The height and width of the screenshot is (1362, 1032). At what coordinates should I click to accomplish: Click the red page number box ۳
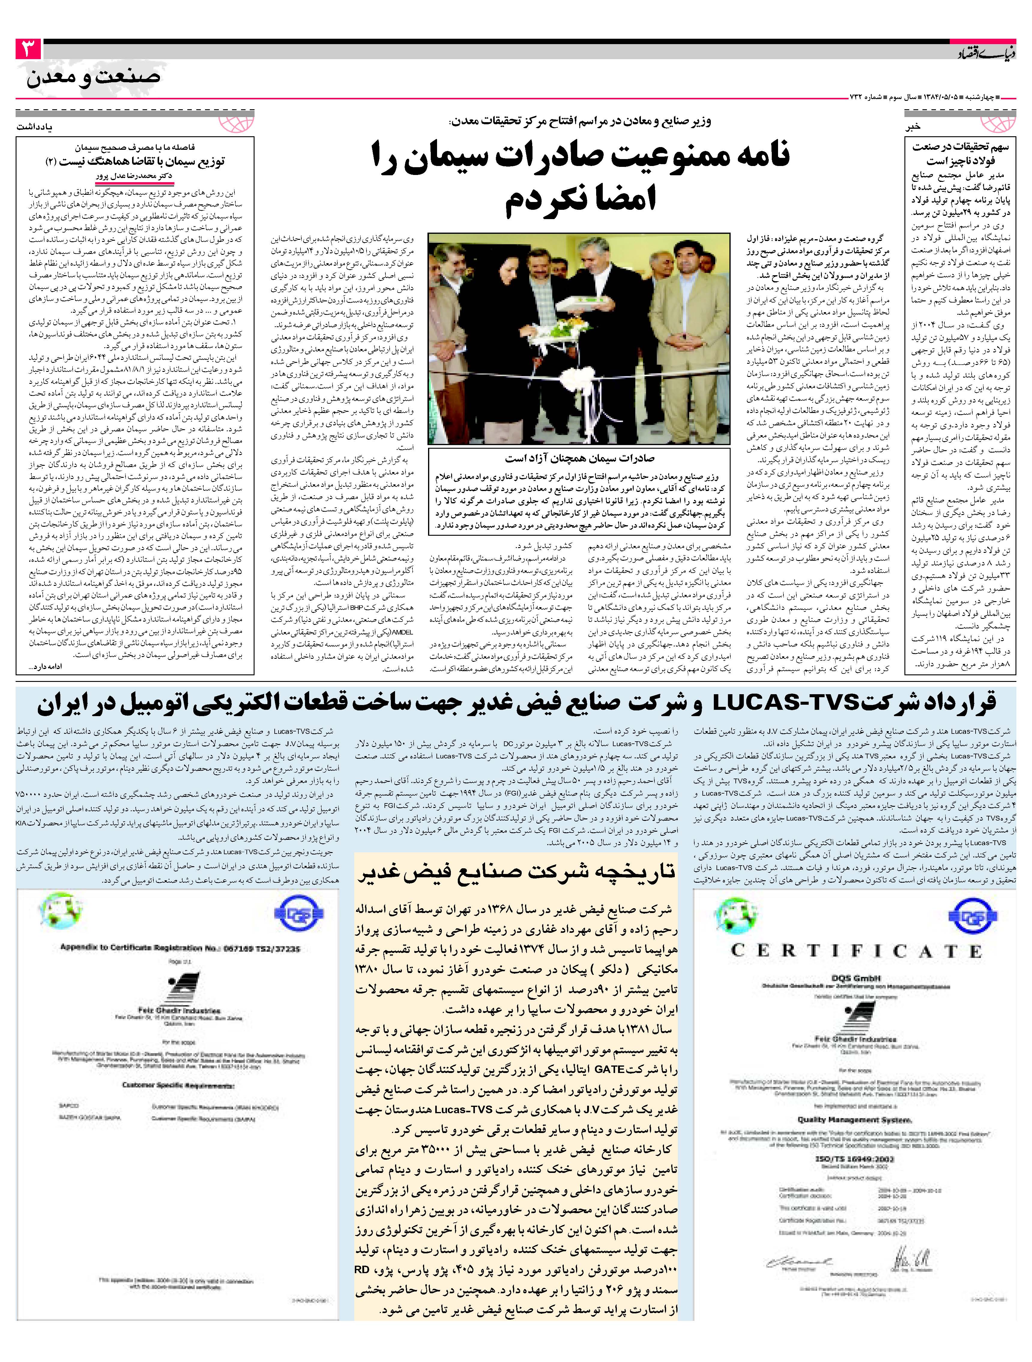[28, 49]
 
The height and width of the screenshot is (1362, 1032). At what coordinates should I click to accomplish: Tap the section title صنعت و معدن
[94, 77]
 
